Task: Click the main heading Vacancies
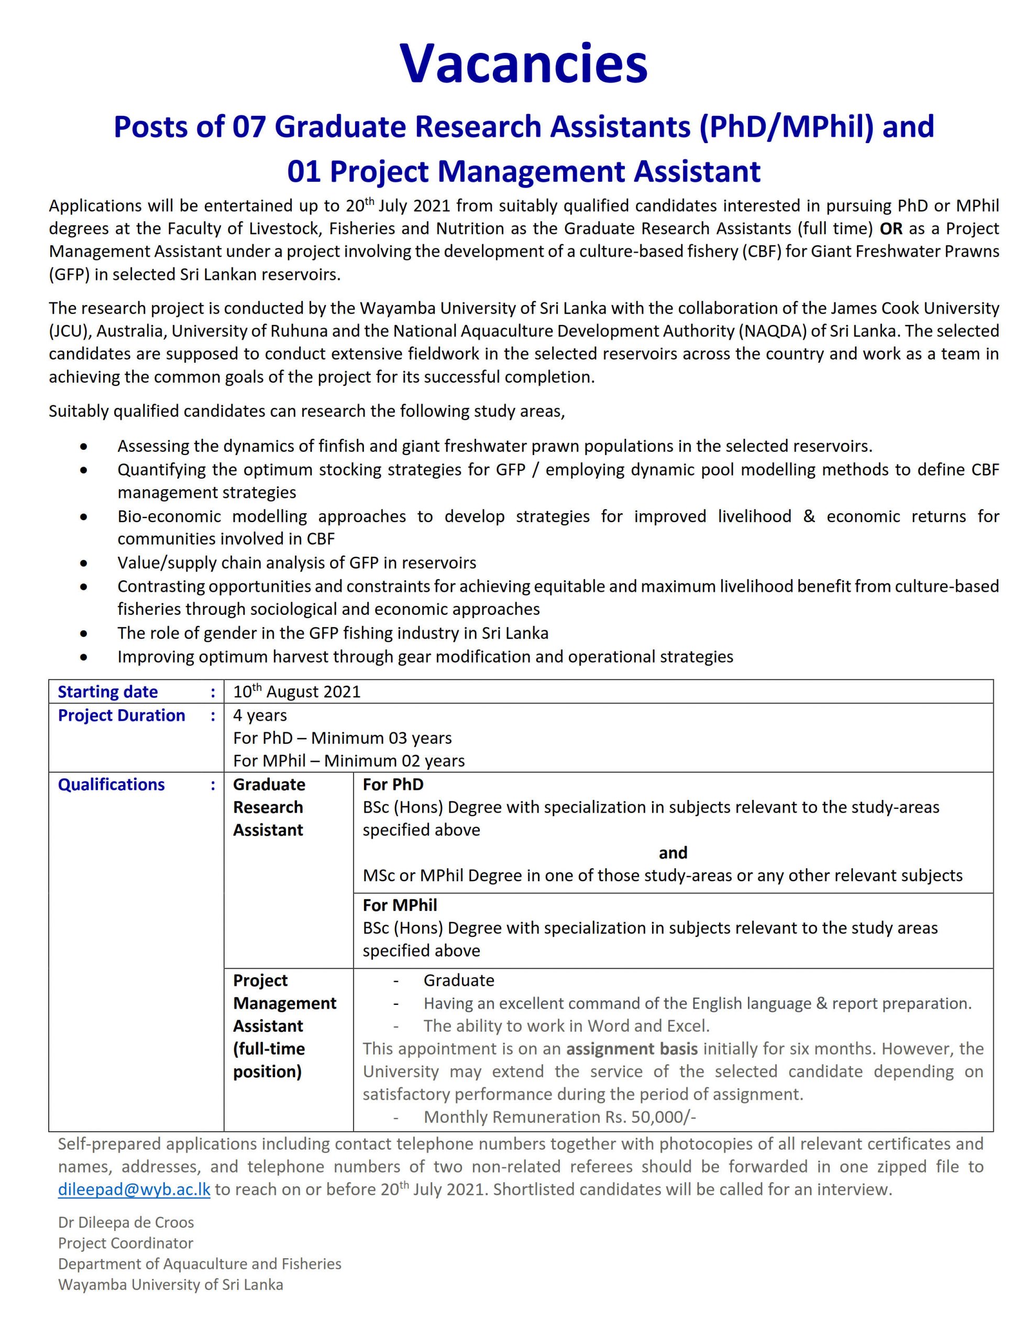[523, 64]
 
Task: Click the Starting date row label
[107, 692]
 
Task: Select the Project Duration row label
[121, 715]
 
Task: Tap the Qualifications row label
[111, 785]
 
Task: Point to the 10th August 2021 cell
[296, 692]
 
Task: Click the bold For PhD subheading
[393, 785]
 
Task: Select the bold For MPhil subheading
[400, 905]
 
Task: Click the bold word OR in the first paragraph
[891, 229]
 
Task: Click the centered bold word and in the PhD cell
[673, 853]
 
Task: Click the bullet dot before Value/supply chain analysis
[83, 563]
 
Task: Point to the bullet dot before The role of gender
[83, 633]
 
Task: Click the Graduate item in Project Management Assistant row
[459, 980]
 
